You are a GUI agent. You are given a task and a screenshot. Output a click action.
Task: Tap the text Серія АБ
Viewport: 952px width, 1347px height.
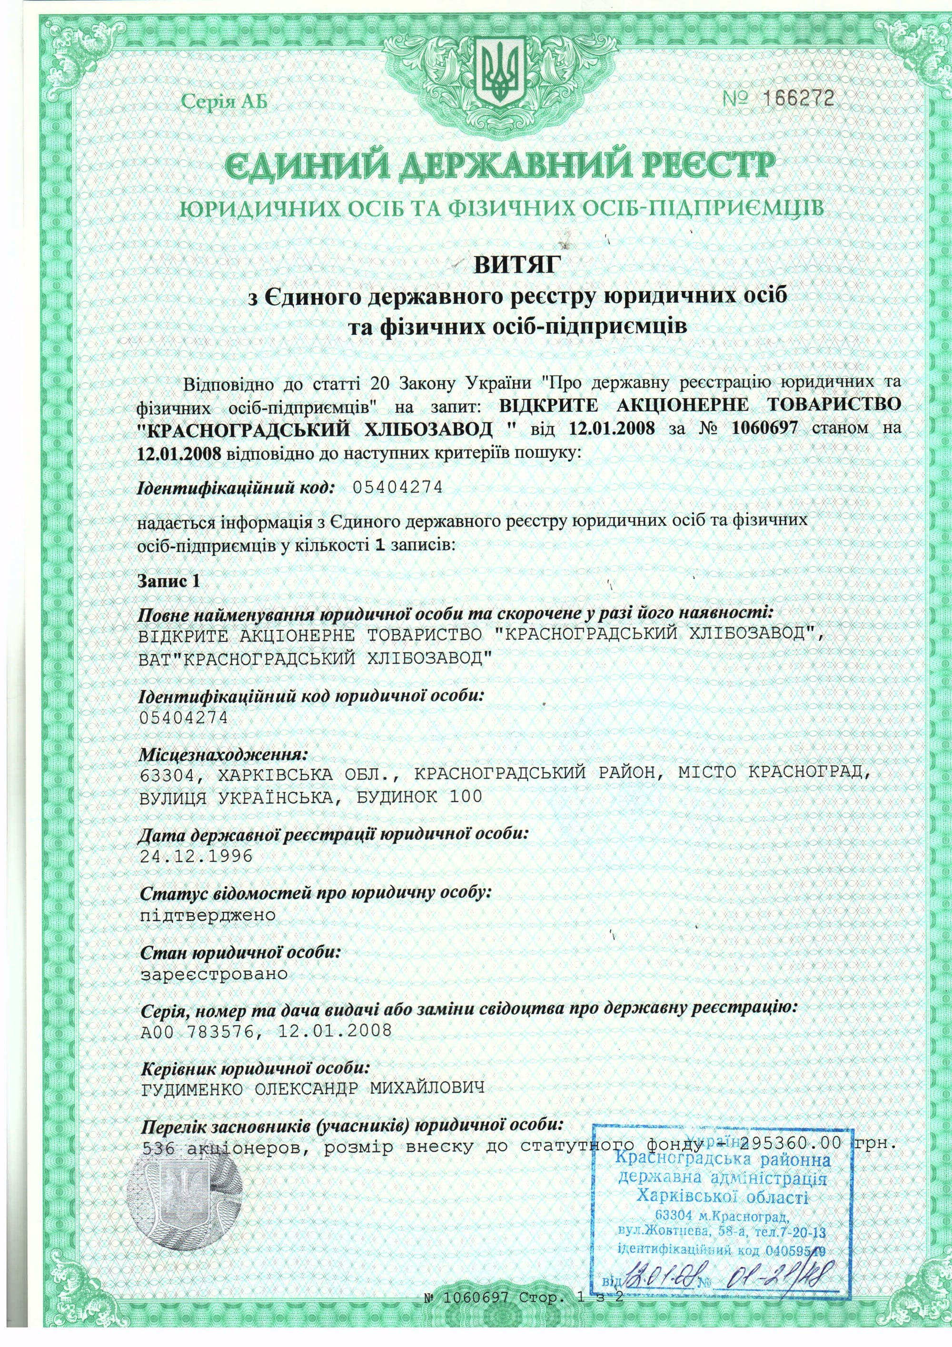point(223,101)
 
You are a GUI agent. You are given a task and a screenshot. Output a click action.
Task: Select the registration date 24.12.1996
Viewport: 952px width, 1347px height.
point(197,856)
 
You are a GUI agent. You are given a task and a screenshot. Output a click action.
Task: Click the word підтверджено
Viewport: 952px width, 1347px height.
point(208,915)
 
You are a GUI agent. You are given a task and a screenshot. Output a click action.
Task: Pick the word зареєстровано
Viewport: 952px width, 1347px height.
point(214,975)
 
